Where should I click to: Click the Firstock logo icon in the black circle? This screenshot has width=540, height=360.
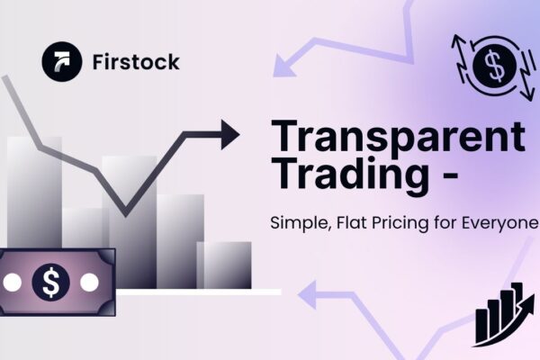click(x=61, y=61)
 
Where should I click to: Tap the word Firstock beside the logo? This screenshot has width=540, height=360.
click(x=135, y=62)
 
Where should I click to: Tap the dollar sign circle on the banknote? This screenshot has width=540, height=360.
click(x=50, y=283)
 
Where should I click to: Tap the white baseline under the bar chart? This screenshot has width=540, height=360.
click(x=198, y=292)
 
